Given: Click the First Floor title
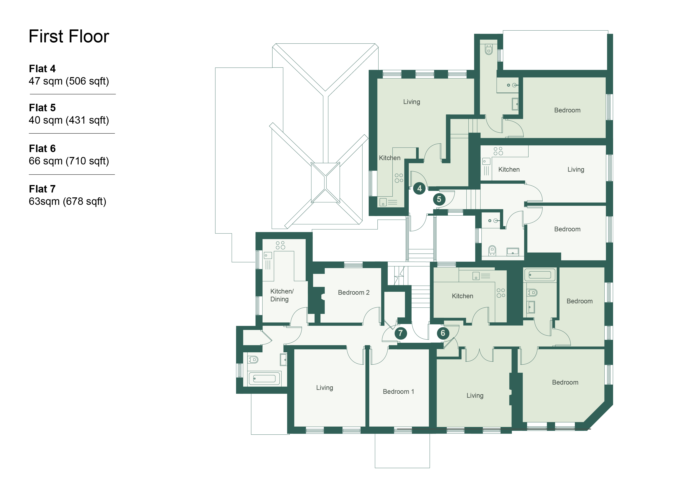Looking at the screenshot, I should (69, 36).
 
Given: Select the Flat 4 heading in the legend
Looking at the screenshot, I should (42, 69).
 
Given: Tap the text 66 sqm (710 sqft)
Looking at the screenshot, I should (69, 161).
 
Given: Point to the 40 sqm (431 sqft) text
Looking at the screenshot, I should (69, 120).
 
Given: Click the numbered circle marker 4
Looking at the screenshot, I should (419, 188).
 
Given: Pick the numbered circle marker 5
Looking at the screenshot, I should (439, 199).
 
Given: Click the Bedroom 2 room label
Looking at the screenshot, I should (354, 292).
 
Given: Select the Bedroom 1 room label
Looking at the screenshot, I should (398, 392).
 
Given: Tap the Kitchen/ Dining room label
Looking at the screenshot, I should (282, 295).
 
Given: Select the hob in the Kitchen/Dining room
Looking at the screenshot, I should (280, 245).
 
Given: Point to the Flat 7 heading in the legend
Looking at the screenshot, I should (42, 189).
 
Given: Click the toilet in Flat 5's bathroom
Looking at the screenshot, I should (492, 250).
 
